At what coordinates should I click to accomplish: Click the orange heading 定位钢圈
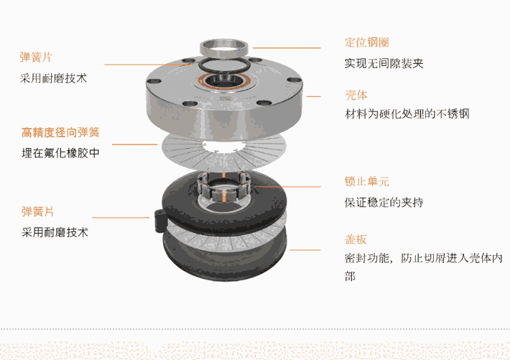pyautogui.click(x=367, y=42)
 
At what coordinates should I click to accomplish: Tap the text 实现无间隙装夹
pyautogui.click(x=384, y=63)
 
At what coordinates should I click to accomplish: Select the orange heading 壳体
pyautogui.click(x=356, y=96)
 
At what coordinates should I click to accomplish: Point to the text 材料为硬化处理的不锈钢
pyautogui.click(x=407, y=114)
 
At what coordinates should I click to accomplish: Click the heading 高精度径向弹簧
pyautogui.click(x=60, y=132)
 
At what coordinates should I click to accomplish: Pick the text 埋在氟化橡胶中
pyautogui.click(x=60, y=153)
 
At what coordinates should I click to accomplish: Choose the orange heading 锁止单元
pyautogui.click(x=367, y=181)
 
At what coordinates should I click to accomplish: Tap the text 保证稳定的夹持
pyautogui.click(x=384, y=203)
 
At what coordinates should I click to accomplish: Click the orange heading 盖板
pyautogui.click(x=356, y=239)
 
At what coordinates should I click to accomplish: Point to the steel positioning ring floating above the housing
pyautogui.click(x=224, y=47)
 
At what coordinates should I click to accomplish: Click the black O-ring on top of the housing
pyautogui.click(x=224, y=65)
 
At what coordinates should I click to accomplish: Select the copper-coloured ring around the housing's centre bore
pyautogui.click(x=224, y=81)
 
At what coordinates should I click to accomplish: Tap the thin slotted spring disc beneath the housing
pyautogui.click(x=224, y=152)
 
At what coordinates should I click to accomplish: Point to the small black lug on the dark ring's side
pyautogui.click(x=160, y=220)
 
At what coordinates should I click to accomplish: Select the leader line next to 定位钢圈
pyautogui.click(x=287, y=48)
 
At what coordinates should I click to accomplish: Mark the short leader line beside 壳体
pyautogui.click(x=314, y=96)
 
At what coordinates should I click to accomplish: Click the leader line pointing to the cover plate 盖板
pyautogui.click(x=305, y=250)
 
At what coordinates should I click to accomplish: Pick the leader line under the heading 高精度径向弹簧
pyautogui.click(x=134, y=144)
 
